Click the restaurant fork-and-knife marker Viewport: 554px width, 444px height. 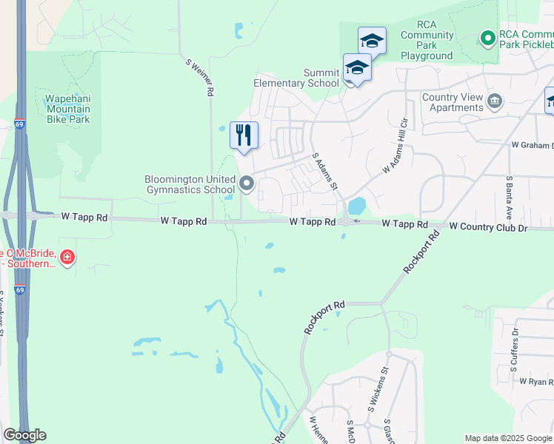(244, 135)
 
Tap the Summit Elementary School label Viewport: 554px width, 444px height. (296, 78)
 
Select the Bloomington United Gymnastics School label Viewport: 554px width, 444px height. (189, 184)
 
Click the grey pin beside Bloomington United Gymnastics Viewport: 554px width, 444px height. (247, 183)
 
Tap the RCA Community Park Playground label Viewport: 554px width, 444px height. (427, 45)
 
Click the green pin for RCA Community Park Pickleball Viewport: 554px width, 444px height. (487, 37)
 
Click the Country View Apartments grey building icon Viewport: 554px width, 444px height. (495, 100)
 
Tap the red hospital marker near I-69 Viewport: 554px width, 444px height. (67, 258)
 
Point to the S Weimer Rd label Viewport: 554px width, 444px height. (199, 77)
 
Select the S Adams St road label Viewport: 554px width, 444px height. (325, 171)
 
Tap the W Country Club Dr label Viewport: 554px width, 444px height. (488, 226)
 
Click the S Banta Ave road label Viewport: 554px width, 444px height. (510, 198)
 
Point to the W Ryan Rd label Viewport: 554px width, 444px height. (536, 382)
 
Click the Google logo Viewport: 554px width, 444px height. (24, 435)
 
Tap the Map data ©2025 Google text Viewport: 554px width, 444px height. (507, 438)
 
